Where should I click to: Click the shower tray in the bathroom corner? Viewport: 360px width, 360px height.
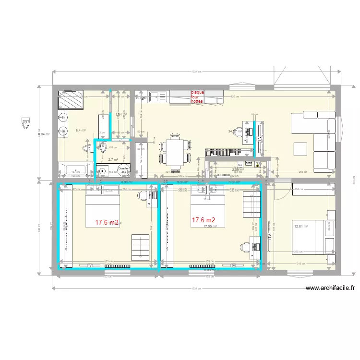tap(67, 100)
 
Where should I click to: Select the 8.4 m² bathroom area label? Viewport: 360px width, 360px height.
tap(81, 130)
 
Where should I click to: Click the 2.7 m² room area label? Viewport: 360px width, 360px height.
tap(113, 160)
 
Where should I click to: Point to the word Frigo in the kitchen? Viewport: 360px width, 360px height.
tap(141, 97)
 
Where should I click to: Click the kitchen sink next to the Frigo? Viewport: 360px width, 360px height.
tap(157, 97)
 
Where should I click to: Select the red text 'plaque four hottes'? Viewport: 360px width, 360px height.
tap(197, 97)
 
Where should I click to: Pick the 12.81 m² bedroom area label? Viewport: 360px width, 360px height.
tap(301, 226)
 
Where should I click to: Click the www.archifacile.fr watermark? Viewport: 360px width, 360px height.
tap(330, 288)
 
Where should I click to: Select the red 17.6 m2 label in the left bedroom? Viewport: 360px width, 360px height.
tap(107, 222)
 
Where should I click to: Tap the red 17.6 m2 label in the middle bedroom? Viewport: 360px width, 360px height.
tap(204, 220)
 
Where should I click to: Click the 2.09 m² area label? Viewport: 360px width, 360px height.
tap(238, 169)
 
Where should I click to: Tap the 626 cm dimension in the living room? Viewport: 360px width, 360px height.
tap(236, 96)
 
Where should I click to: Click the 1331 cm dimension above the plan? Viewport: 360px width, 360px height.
tap(194, 72)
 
